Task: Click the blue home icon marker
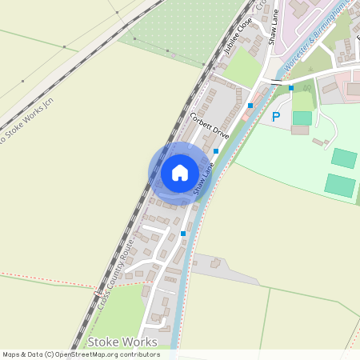(x=180, y=173)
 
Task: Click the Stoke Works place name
(x=122, y=342)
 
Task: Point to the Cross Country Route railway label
(x=114, y=275)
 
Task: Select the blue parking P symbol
(x=276, y=117)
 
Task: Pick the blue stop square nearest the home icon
(x=216, y=150)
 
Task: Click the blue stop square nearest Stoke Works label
(x=183, y=234)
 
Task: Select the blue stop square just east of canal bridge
(x=291, y=88)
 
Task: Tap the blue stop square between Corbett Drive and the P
(x=250, y=105)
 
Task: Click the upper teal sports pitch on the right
(x=344, y=158)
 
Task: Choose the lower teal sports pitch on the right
(x=339, y=186)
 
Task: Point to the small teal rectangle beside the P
(x=302, y=118)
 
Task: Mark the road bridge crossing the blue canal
(x=276, y=82)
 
